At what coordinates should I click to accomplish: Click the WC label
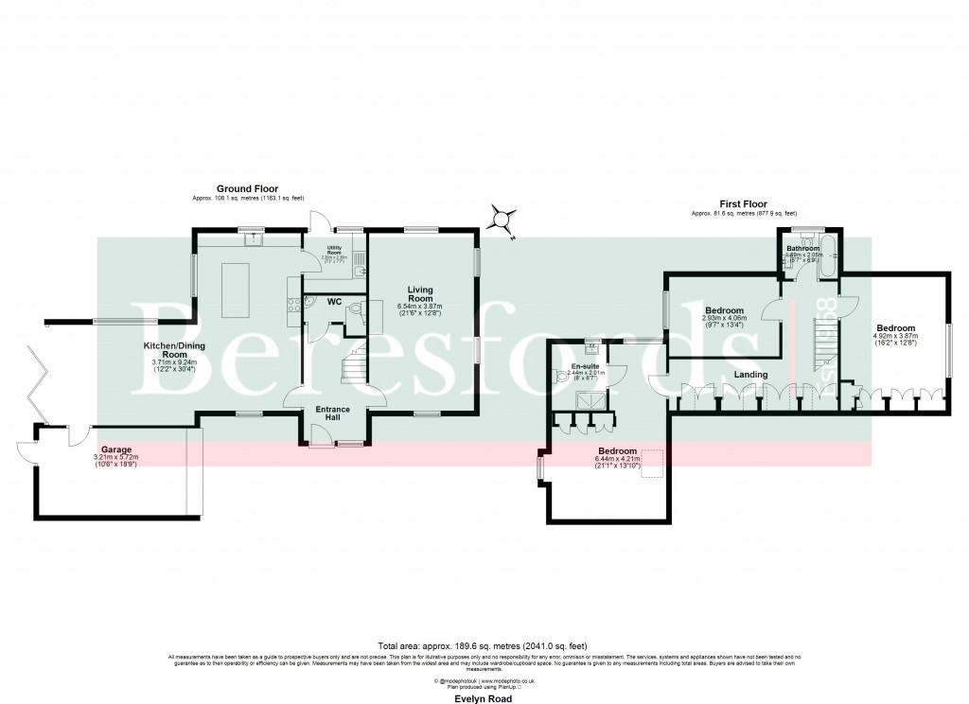coord(333,302)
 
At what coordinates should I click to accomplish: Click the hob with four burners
coord(294,304)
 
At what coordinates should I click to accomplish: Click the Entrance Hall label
coord(332,414)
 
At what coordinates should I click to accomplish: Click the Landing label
coord(749,375)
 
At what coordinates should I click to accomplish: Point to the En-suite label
coord(584,364)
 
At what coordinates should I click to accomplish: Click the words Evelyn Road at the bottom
coord(484,697)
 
